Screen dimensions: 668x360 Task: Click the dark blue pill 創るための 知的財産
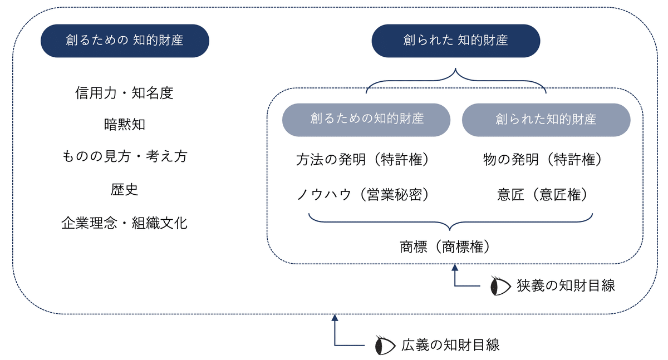[x=125, y=41]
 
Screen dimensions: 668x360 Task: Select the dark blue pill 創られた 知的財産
[x=456, y=41]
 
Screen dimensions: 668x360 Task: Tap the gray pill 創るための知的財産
[x=366, y=120]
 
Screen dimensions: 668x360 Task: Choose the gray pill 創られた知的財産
[x=546, y=120]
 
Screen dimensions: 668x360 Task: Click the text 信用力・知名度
[x=124, y=93]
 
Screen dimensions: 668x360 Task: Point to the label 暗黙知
[x=124, y=125]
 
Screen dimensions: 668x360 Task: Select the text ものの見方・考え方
[x=124, y=156]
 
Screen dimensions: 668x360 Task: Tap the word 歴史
[x=124, y=190]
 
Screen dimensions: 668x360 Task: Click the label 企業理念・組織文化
[x=124, y=223]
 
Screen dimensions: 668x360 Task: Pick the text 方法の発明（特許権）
[x=362, y=160]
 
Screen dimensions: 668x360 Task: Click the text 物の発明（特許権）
[x=542, y=160]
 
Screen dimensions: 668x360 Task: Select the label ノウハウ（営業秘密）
[x=363, y=195]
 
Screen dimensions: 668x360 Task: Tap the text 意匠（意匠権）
[x=542, y=195]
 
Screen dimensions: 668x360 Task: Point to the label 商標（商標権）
[x=445, y=246]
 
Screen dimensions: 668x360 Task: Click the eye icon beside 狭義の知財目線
[x=500, y=286]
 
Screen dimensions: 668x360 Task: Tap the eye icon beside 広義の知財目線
[x=385, y=346]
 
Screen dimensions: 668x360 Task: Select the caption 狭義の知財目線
[x=566, y=285]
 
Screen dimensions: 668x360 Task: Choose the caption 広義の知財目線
[x=450, y=345]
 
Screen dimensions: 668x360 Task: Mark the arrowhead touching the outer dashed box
[x=335, y=318]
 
